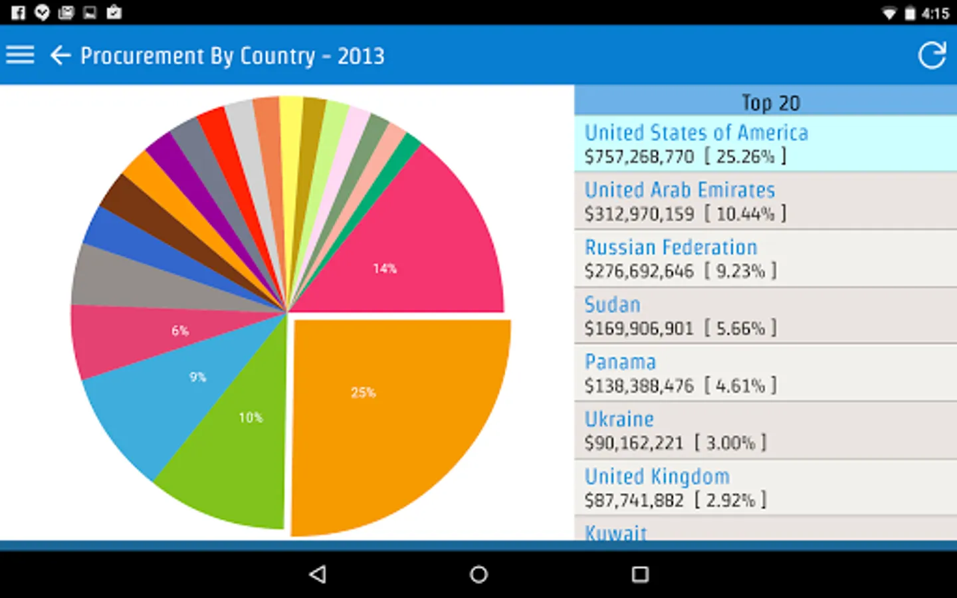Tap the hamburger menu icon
[x=20, y=55]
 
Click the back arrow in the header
[x=60, y=55]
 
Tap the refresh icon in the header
[x=932, y=55]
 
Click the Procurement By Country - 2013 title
[x=232, y=56]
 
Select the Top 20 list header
[x=770, y=102]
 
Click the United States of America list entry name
[x=696, y=133]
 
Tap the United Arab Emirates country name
[x=679, y=190]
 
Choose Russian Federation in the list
[x=671, y=247]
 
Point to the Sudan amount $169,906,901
[x=639, y=328]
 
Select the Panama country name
[x=620, y=362]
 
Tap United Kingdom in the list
[x=657, y=476]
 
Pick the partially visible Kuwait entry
[x=615, y=532]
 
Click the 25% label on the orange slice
[x=364, y=393]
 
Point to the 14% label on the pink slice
[x=385, y=268]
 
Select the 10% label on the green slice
[x=251, y=418]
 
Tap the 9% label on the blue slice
[x=197, y=377]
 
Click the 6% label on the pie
[x=180, y=331]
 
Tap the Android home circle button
[x=478, y=574]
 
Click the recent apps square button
[x=640, y=574]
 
